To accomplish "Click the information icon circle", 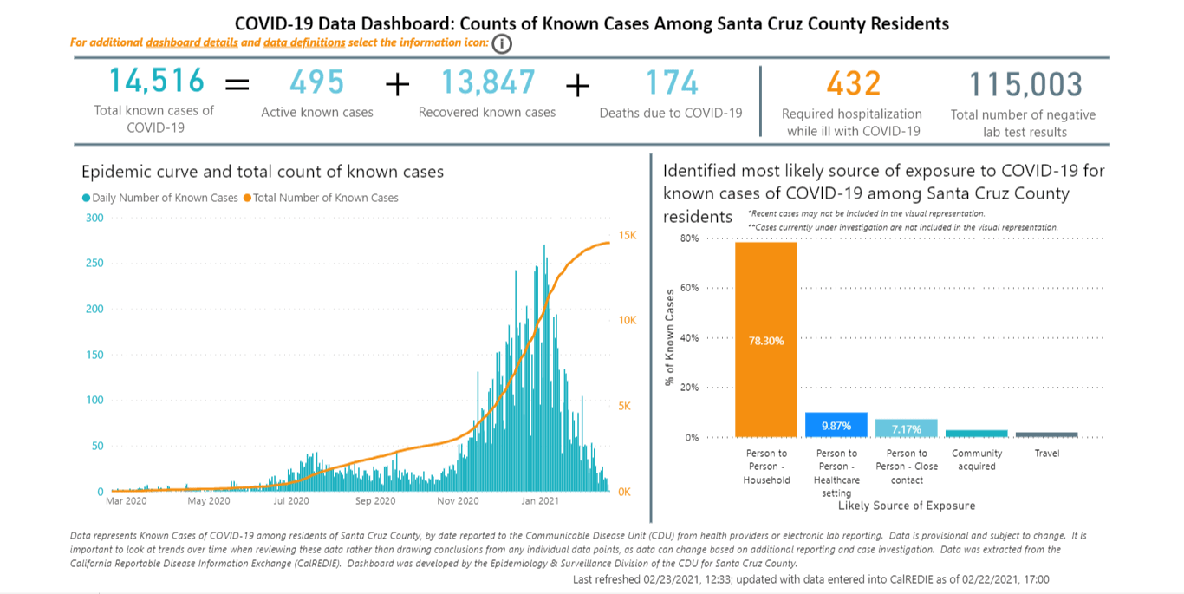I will point(502,44).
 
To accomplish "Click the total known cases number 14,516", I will point(157,82).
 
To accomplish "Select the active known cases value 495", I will point(317,82).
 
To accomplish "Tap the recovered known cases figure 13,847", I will point(488,82).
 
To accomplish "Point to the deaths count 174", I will point(672,82).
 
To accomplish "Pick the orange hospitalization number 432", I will point(853,83).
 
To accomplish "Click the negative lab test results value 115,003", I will point(1025,85).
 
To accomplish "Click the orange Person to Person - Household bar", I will point(766,340).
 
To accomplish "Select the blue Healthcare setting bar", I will point(836,425).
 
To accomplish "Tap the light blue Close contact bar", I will point(906,428).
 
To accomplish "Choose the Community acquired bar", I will point(976,434).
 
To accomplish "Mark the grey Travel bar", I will point(1046,434).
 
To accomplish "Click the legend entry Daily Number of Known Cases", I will point(159,198).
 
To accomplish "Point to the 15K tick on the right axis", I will point(627,236).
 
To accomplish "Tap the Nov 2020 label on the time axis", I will point(457,501).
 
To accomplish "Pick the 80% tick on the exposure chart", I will point(689,238).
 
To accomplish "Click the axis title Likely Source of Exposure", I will point(907,506).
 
